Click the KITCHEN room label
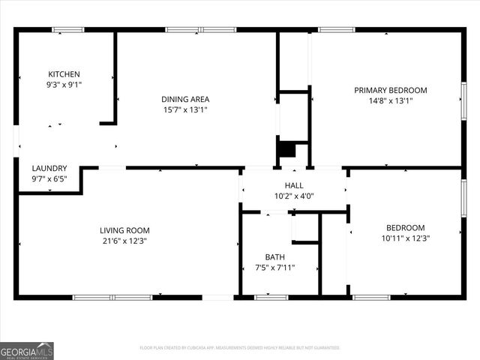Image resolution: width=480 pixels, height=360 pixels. coord(64,74)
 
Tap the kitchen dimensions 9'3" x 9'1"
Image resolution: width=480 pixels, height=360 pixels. coord(64,85)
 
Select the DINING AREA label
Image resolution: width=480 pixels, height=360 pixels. coord(185,99)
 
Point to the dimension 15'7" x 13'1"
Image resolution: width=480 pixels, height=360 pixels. coord(185,109)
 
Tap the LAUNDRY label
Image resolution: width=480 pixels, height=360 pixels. coord(49,169)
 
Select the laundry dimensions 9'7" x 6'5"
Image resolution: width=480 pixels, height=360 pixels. coord(49,179)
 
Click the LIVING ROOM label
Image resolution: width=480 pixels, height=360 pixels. coord(125,230)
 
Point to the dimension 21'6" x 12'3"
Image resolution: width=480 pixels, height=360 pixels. coord(125,241)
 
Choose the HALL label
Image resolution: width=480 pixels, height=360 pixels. coord(293,185)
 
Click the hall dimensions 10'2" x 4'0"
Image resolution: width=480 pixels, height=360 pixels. coord(293,196)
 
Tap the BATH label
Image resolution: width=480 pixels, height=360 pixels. coord(274,256)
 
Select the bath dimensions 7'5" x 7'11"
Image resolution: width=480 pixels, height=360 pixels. coord(274,267)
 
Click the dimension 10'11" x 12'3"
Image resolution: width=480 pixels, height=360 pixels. coord(406,238)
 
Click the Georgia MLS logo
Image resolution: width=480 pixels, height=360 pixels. coord(27,350)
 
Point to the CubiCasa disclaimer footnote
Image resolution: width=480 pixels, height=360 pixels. coord(240,348)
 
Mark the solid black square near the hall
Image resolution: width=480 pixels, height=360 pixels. coord(286,148)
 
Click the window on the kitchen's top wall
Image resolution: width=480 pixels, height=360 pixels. coord(67,30)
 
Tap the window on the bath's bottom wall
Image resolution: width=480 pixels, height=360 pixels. coord(271,298)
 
